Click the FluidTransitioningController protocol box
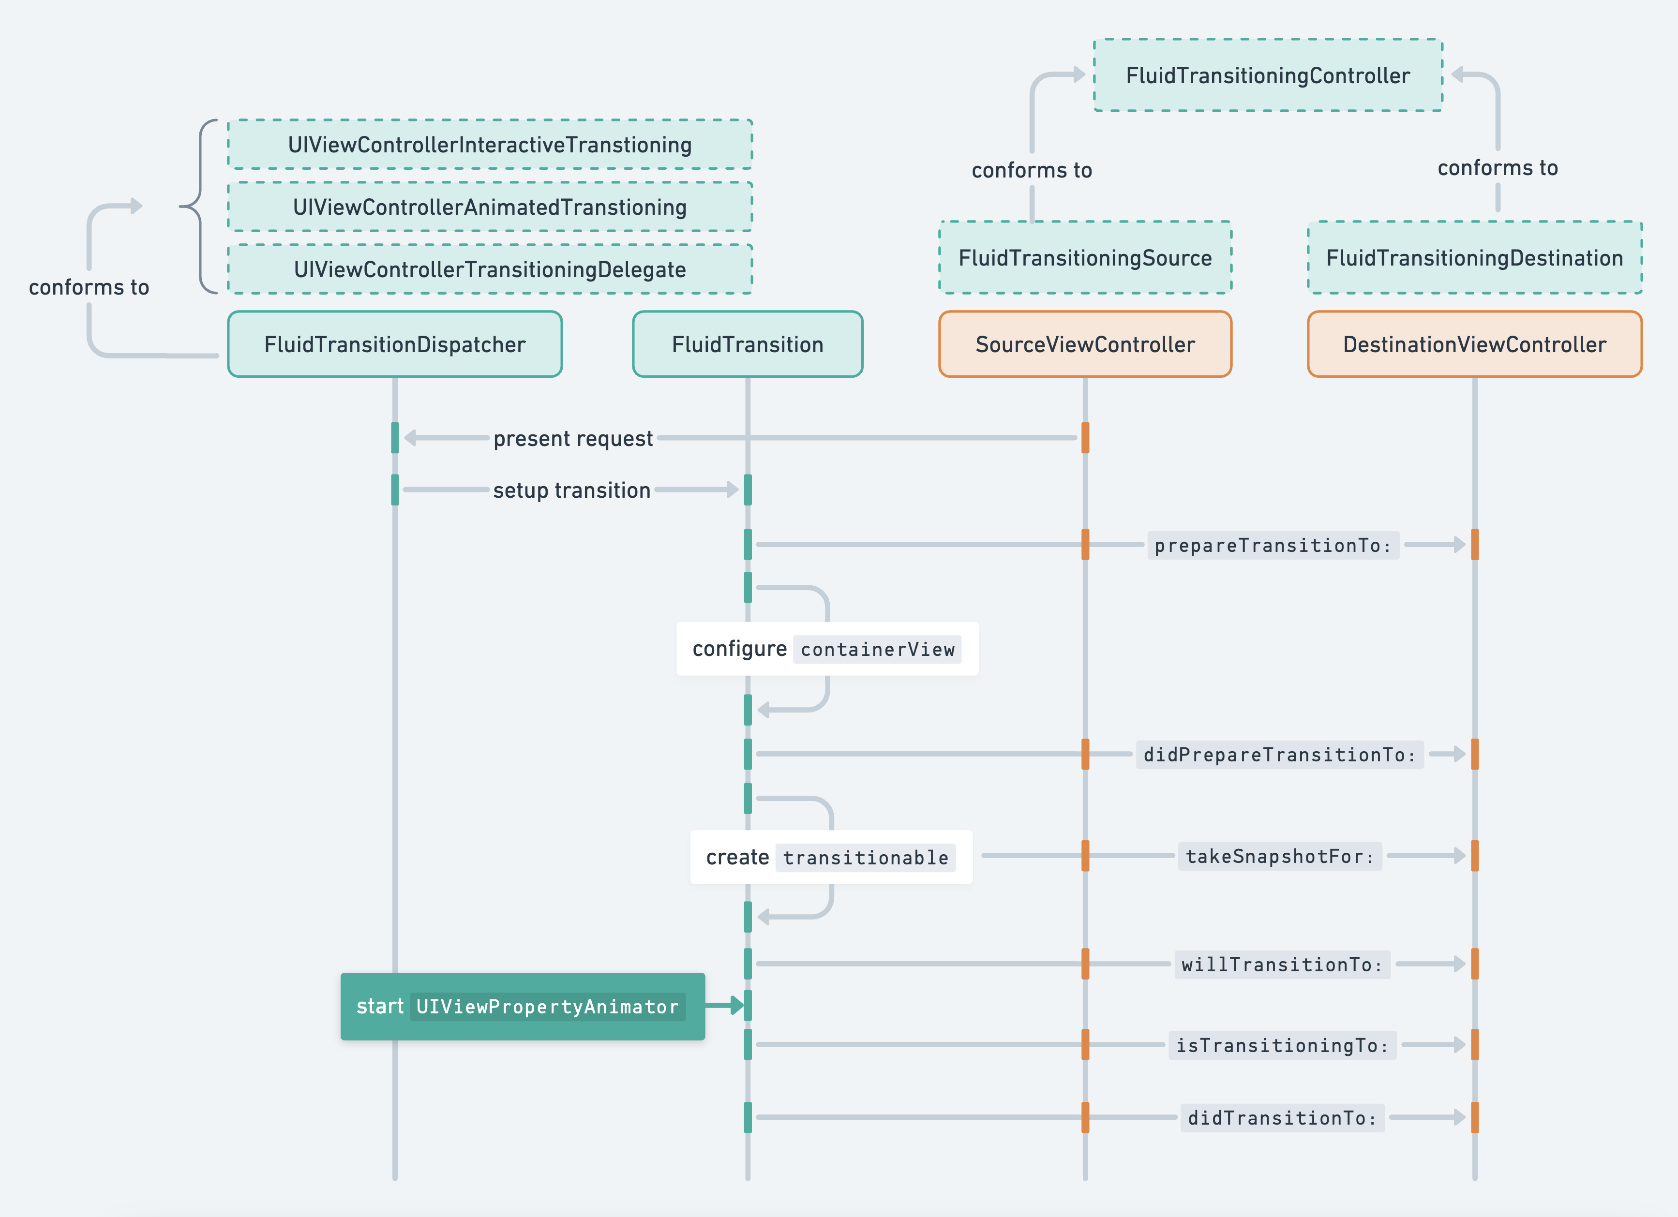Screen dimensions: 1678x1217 coord(1268,74)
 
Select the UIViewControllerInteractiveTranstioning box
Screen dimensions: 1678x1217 coord(490,144)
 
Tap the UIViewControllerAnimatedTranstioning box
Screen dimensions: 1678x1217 coord(490,207)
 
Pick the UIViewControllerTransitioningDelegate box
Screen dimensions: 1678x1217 coord(490,269)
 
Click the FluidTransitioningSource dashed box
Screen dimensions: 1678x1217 coord(1085,257)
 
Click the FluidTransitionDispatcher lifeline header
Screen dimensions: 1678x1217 coord(395,344)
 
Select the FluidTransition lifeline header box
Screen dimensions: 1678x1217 coord(748,344)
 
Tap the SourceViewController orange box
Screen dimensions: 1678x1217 coord(1085,344)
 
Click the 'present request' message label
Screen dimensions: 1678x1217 coord(573,439)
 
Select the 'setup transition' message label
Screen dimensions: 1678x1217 coord(572,490)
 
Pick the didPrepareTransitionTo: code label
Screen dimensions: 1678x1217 coord(1280,755)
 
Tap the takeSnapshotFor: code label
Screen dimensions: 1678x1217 coord(1280,856)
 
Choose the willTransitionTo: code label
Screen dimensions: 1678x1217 coord(1282,965)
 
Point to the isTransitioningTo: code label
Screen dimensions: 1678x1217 coord(1282,1045)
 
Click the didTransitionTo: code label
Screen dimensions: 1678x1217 coord(1282,1118)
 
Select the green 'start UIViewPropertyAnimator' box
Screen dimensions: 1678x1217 coord(523,1006)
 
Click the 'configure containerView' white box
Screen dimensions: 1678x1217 coord(827,649)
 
